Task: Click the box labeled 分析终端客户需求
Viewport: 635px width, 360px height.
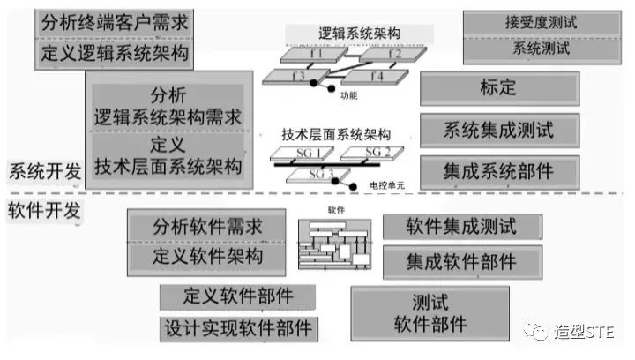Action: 114,21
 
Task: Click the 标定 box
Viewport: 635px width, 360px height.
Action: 499,89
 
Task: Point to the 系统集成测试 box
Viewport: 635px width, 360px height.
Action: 499,131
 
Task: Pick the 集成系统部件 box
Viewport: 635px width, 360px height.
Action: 499,171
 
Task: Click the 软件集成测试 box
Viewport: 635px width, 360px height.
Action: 461,227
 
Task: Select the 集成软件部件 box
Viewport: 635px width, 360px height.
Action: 461,261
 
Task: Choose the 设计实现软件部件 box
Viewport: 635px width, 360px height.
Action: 238,328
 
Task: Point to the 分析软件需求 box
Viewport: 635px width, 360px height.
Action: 207,226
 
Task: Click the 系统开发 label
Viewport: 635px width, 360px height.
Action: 43,171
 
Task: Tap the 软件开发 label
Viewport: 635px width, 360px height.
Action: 43,211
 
